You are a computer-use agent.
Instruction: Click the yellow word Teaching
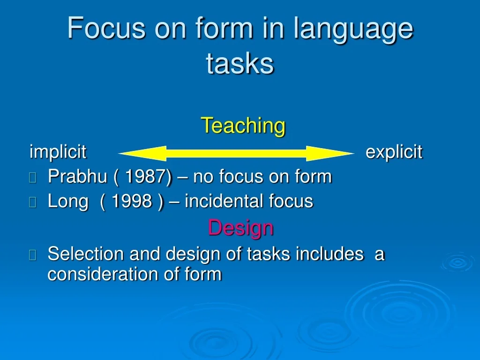pos(243,126)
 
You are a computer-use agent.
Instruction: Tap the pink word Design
pos(240,228)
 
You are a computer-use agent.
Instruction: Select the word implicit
pos(58,151)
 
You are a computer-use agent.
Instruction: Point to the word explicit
pos(394,151)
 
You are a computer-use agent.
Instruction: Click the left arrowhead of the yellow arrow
pos(142,153)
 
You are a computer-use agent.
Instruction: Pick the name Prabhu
pos(77,176)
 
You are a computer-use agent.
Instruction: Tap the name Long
pos(68,202)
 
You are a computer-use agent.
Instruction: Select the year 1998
pos(132,201)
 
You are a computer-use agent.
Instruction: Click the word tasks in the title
pos(240,63)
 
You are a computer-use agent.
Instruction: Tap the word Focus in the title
pos(106,28)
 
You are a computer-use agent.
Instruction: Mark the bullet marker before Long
pos(33,202)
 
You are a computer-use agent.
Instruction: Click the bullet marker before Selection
pos(33,255)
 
